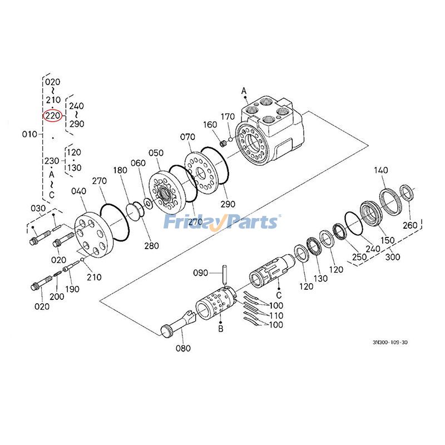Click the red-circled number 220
coord(52,116)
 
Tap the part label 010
coord(29,134)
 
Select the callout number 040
coord(79,191)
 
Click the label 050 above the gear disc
coord(156,153)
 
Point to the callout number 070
coord(187,136)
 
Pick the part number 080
coord(183,349)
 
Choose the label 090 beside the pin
coord(201,273)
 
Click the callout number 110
coord(276,315)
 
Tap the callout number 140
coord(381,170)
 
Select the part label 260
coord(409,225)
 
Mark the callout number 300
coord(393,257)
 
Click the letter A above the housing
coord(244,90)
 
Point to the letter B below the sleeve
coord(221,329)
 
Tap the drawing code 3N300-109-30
coord(394,343)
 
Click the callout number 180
coord(120,170)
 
